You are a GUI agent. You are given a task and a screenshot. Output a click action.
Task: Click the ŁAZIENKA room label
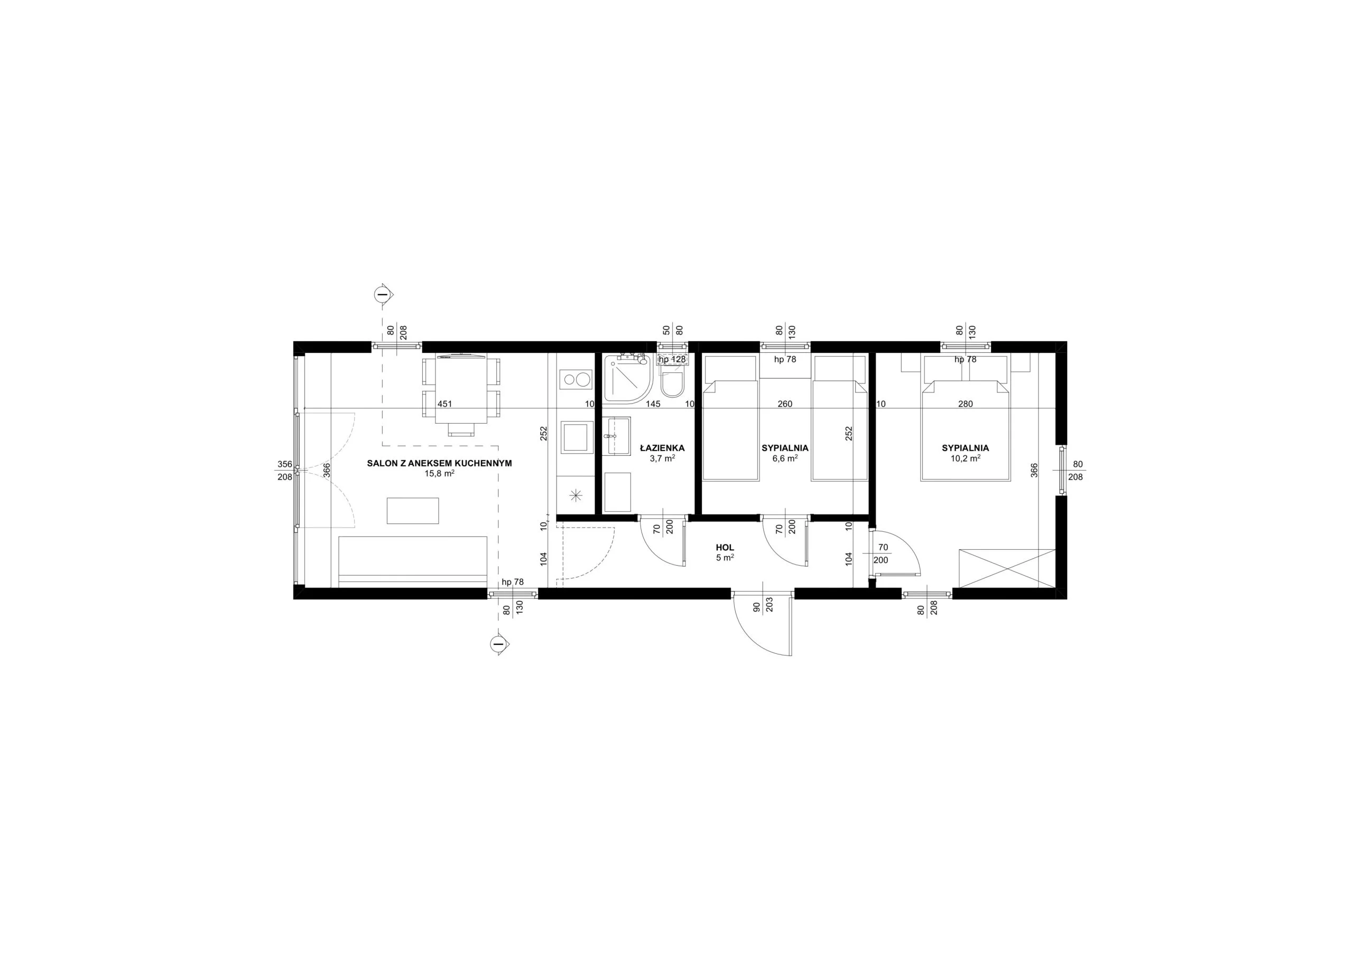(x=662, y=448)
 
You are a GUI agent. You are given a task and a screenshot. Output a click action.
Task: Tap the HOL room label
(x=726, y=548)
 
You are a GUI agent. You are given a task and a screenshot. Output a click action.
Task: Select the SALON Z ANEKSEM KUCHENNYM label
(x=439, y=464)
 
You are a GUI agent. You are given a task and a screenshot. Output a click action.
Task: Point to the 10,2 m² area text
(x=965, y=458)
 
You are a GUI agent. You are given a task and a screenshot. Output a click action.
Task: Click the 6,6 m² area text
(x=785, y=458)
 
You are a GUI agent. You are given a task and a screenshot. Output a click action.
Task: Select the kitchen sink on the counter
(x=576, y=437)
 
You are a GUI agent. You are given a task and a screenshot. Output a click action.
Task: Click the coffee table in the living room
(x=412, y=511)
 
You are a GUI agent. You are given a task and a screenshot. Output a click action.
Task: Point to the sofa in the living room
(x=412, y=561)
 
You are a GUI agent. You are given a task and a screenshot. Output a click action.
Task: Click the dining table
(x=461, y=390)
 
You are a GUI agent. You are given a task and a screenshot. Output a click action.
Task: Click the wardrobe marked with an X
(x=1006, y=568)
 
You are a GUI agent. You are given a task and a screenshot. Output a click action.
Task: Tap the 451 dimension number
(x=445, y=404)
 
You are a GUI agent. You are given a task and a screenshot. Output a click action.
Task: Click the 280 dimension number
(x=965, y=404)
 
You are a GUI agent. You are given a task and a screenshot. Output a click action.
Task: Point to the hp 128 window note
(x=672, y=359)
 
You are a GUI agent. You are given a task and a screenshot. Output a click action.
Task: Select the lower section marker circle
(x=498, y=645)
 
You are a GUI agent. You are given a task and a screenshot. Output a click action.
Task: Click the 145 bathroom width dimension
(x=653, y=404)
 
